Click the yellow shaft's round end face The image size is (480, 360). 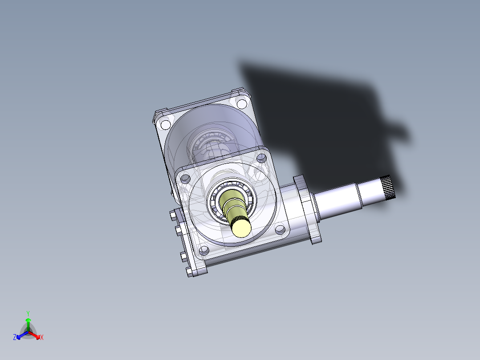coord(241,229)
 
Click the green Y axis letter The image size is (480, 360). coord(28,313)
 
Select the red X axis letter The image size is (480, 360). coord(42,338)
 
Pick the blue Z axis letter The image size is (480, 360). coord(15,338)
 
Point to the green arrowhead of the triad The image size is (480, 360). coord(28,320)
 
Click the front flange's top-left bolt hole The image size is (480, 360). coord(185,179)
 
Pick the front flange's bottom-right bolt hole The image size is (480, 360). coord(280,229)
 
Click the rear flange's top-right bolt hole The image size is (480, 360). coord(242,104)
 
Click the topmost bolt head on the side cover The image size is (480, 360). coord(173,216)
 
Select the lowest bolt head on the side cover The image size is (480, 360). coord(189,271)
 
